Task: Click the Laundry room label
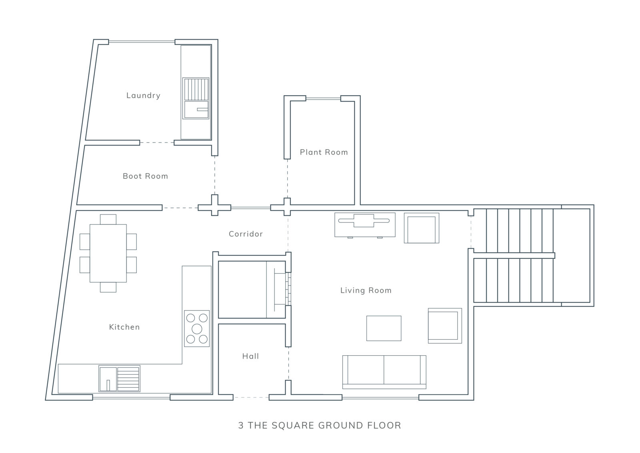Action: coord(143,96)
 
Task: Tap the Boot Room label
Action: coord(145,176)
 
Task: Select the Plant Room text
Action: coord(324,152)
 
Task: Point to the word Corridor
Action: coord(246,234)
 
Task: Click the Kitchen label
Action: coord(124,327)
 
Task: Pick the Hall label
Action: coord(250,356)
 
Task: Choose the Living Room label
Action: coord(366,291)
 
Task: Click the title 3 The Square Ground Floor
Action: coord(320,425)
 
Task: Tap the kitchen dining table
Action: coord(108,253)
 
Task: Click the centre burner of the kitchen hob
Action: coord(197,329)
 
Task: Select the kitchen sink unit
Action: coord(120,379)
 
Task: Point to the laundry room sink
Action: coord(196,98)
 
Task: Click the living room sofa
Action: coord(384,372)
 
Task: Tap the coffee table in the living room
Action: coord(384,328)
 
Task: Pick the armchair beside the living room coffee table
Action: coord(445,325)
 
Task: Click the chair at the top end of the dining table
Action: coord(108,220)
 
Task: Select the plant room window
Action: coord(323,98)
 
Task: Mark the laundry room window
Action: coord(142,42)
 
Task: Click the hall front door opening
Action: coord(251,397)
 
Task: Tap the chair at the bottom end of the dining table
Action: coord(108,287)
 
